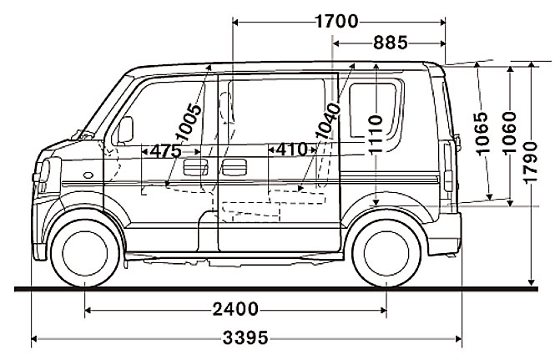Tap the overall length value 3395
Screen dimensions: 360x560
[x=246, y=338]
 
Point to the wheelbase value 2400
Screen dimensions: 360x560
[x=235, y=309]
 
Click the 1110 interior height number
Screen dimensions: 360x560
[x=376, y=132]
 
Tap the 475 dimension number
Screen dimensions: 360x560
[x=165, y=151]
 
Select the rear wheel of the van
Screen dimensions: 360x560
[x=387, y=250]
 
